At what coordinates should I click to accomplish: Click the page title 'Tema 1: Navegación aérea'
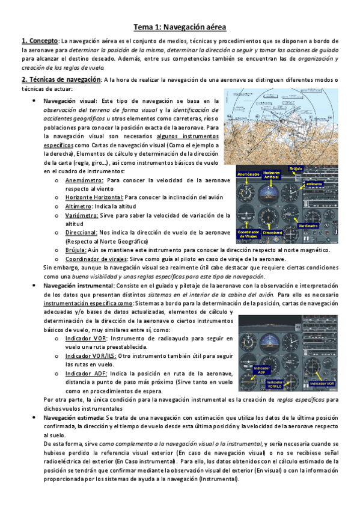180,26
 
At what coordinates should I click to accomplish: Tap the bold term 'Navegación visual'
72,101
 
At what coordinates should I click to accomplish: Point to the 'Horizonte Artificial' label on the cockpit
272,174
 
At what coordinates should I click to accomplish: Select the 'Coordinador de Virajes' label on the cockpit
248,233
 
